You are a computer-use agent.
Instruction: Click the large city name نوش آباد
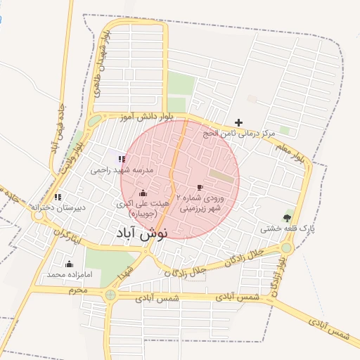pos(139,233)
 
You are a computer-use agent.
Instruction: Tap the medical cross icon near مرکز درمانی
pos(238,122)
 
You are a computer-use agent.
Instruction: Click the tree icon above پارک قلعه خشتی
pos(288,217)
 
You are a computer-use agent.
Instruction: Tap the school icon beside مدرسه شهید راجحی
pos(122,159)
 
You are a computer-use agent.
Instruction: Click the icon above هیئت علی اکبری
pos(143,193)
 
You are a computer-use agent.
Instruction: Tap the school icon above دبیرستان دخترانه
pos(57,197)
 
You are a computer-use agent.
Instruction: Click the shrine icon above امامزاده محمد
pos(69,264)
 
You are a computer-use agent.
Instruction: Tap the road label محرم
pos(78,290)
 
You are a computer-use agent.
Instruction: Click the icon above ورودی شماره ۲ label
pos(200,187)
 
